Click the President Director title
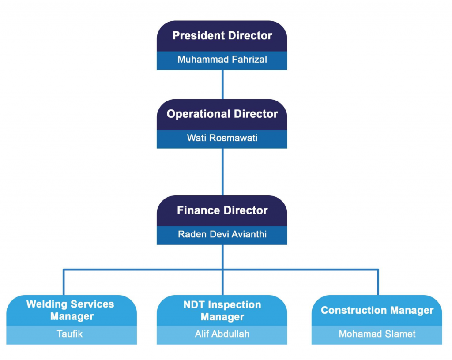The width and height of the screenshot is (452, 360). click(x=222, y=36)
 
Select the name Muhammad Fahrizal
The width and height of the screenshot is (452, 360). click(x=222, y=59)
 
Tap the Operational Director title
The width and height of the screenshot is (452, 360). click(x=222, y=114)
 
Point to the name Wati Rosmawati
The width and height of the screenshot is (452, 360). click(x=222, y=138)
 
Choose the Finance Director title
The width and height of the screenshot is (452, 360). click(x=222, y=210)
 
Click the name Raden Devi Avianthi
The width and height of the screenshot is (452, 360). click(x=222, y=234)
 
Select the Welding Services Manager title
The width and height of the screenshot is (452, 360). click(x=70, y=310)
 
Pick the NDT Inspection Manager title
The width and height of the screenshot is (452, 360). click(x=222, y=311)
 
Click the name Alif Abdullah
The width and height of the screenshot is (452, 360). click(x=222, y=334)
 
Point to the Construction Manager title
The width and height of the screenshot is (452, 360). click(x=377, y=311)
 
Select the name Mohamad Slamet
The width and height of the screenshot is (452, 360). click(x=377, y=334)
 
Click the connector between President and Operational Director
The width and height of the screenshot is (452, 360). click(x=222, y=84)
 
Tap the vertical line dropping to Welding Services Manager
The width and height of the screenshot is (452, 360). click(x=64, y=282)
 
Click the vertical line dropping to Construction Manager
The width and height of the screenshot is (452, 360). click(x=378, y=282)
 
